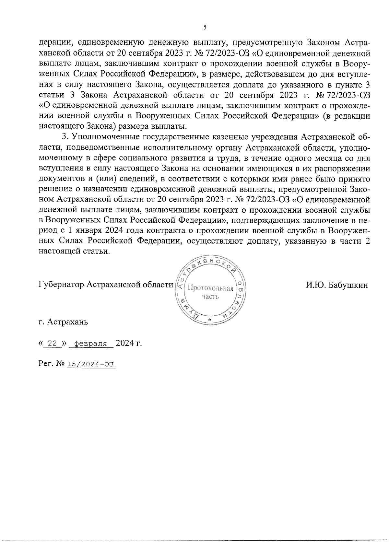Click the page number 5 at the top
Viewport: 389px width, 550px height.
pyautogui.click(x=205, y=28)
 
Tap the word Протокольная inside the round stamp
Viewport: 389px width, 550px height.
pyautogui.click(x=211, y=288)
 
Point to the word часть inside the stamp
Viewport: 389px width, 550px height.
pyautogui.click(x=210, y=296)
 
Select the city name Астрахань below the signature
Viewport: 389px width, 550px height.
pyautogui.click(x=67, y=322)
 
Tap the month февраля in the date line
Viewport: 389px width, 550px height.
pyautogui.click(x=91, y=344)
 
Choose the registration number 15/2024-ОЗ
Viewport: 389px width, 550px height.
pyautogui.click(x=91, y=364)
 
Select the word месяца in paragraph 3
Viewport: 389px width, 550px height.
pyautogui.click(x=316, y=158)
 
